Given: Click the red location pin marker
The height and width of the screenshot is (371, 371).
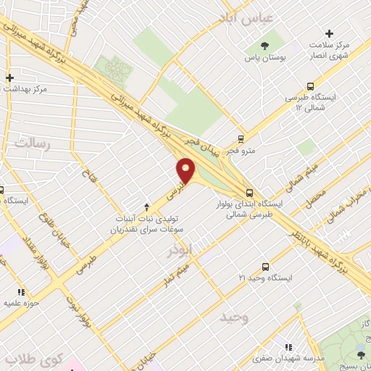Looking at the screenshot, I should [x=187, y=171].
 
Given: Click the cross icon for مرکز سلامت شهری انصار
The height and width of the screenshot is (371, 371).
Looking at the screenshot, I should [x=330, y=33].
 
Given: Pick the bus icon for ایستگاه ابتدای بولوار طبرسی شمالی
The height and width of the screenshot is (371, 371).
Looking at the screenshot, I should [x=249, y=193].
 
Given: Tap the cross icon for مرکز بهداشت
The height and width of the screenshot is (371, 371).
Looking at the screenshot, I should [x=9, y=78].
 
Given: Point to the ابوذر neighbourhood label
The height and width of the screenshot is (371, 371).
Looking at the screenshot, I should [x=180, y=249].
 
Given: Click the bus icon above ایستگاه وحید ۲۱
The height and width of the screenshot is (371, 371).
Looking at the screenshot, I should [x=265, y=267].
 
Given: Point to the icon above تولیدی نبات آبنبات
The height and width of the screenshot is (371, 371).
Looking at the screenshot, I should [x=146, y=207].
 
